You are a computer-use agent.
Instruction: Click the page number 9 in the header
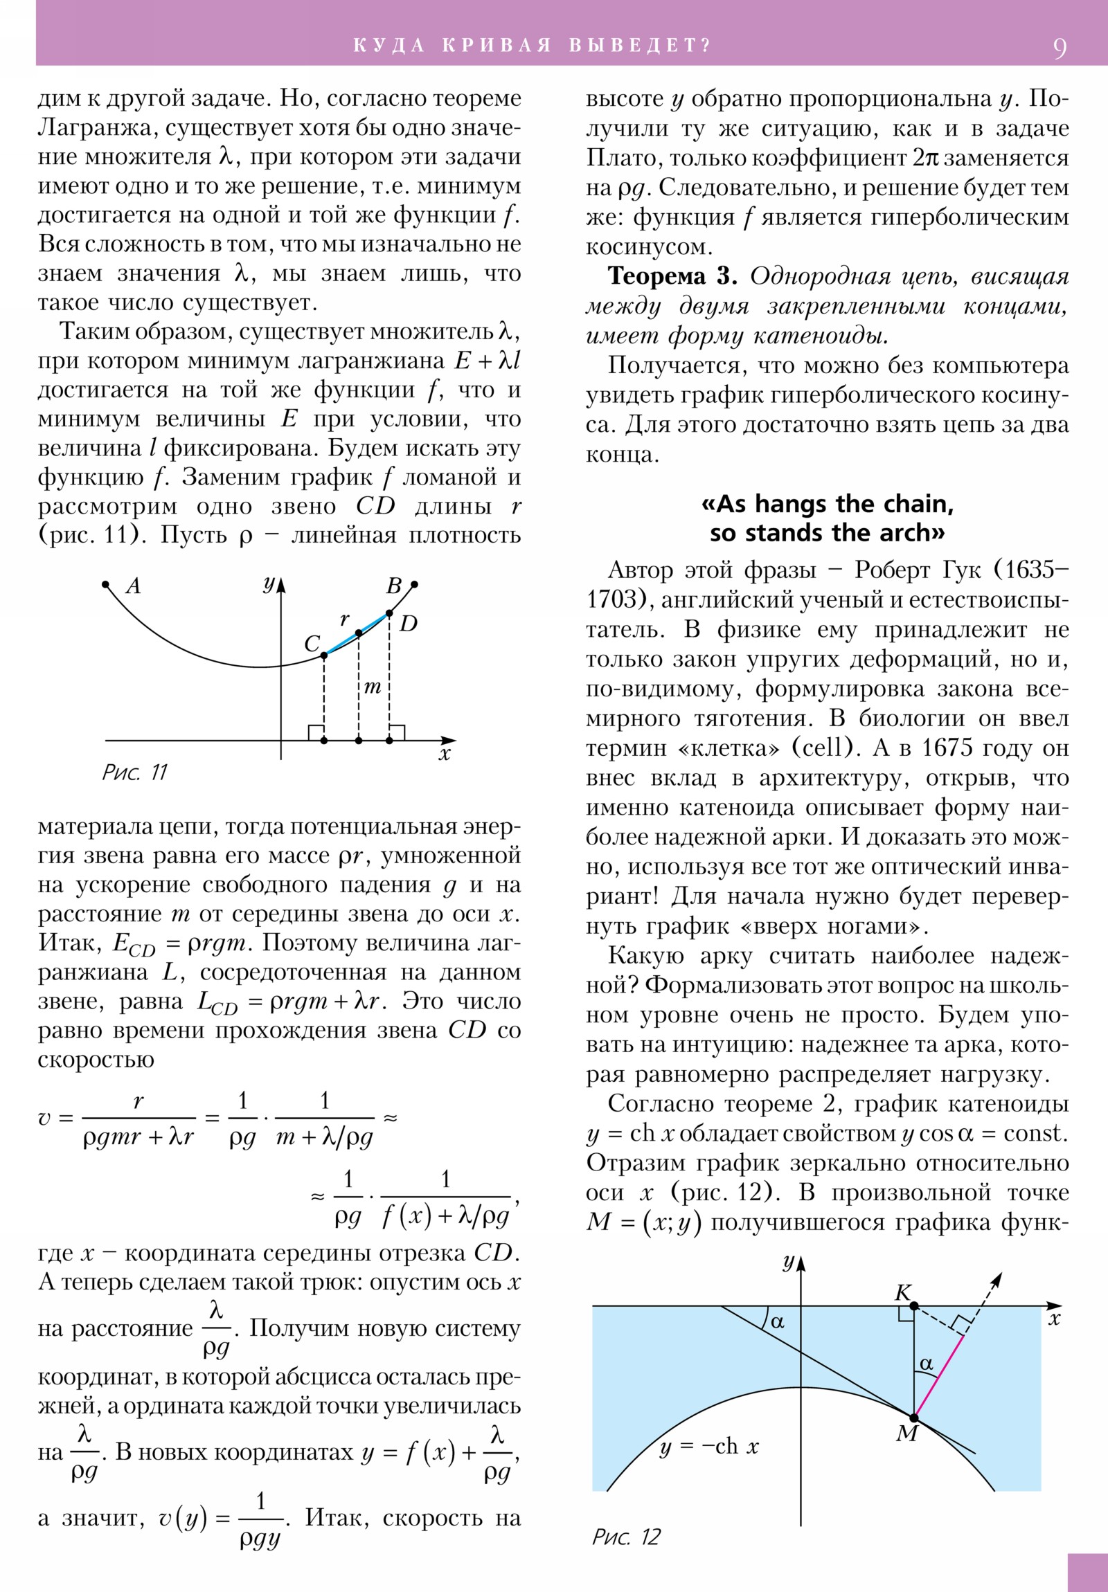point(1060,48)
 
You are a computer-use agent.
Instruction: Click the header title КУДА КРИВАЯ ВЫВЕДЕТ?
point(532,46)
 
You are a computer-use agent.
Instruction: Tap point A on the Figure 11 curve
point(106,584)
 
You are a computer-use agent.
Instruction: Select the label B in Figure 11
point(393,586)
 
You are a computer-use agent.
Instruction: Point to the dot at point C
point(324,655)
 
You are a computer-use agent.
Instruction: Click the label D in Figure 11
point(409,624)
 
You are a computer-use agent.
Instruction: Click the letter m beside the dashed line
point(373,687)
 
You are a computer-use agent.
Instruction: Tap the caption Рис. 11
point(134,772)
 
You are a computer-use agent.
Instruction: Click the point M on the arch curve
point(913,1418)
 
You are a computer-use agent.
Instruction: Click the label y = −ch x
point(708,1447)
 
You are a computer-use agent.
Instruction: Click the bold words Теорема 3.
point(672,276)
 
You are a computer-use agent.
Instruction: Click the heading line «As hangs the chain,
point(827,503)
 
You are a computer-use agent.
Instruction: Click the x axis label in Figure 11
point(445,754)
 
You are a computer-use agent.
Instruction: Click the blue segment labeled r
point(357,633)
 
